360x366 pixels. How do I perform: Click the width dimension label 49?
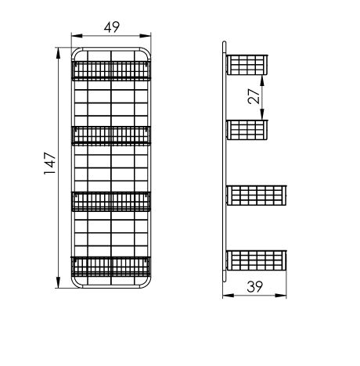point(112,27)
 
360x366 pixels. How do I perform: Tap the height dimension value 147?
point(50,163)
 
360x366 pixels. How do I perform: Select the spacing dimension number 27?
point(254,96)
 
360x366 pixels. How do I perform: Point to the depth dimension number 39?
point(255,287)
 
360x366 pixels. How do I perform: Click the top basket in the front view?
point(111,70)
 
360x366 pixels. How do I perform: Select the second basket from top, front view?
point(111,135)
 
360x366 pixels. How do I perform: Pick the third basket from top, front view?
point(111,201)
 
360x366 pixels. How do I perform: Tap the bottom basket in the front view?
point(111,267)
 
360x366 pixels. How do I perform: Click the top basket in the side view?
point(247,65)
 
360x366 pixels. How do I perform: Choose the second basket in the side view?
point(247,130)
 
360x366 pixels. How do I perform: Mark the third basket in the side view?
point(257,196)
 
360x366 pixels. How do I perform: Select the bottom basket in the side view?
point(257,260)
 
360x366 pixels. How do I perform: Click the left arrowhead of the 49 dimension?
point(77,36)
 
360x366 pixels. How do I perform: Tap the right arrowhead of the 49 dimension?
point(146,36)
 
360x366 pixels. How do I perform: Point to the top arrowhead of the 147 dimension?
point(58,53)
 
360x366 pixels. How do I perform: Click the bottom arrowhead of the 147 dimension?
point(58,282)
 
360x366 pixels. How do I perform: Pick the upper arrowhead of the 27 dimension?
point(262,81)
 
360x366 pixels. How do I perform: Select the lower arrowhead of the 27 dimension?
point(262,114)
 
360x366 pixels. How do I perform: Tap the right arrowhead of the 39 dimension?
point(281,296)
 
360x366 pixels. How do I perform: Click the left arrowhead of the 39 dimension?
point(229,296)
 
